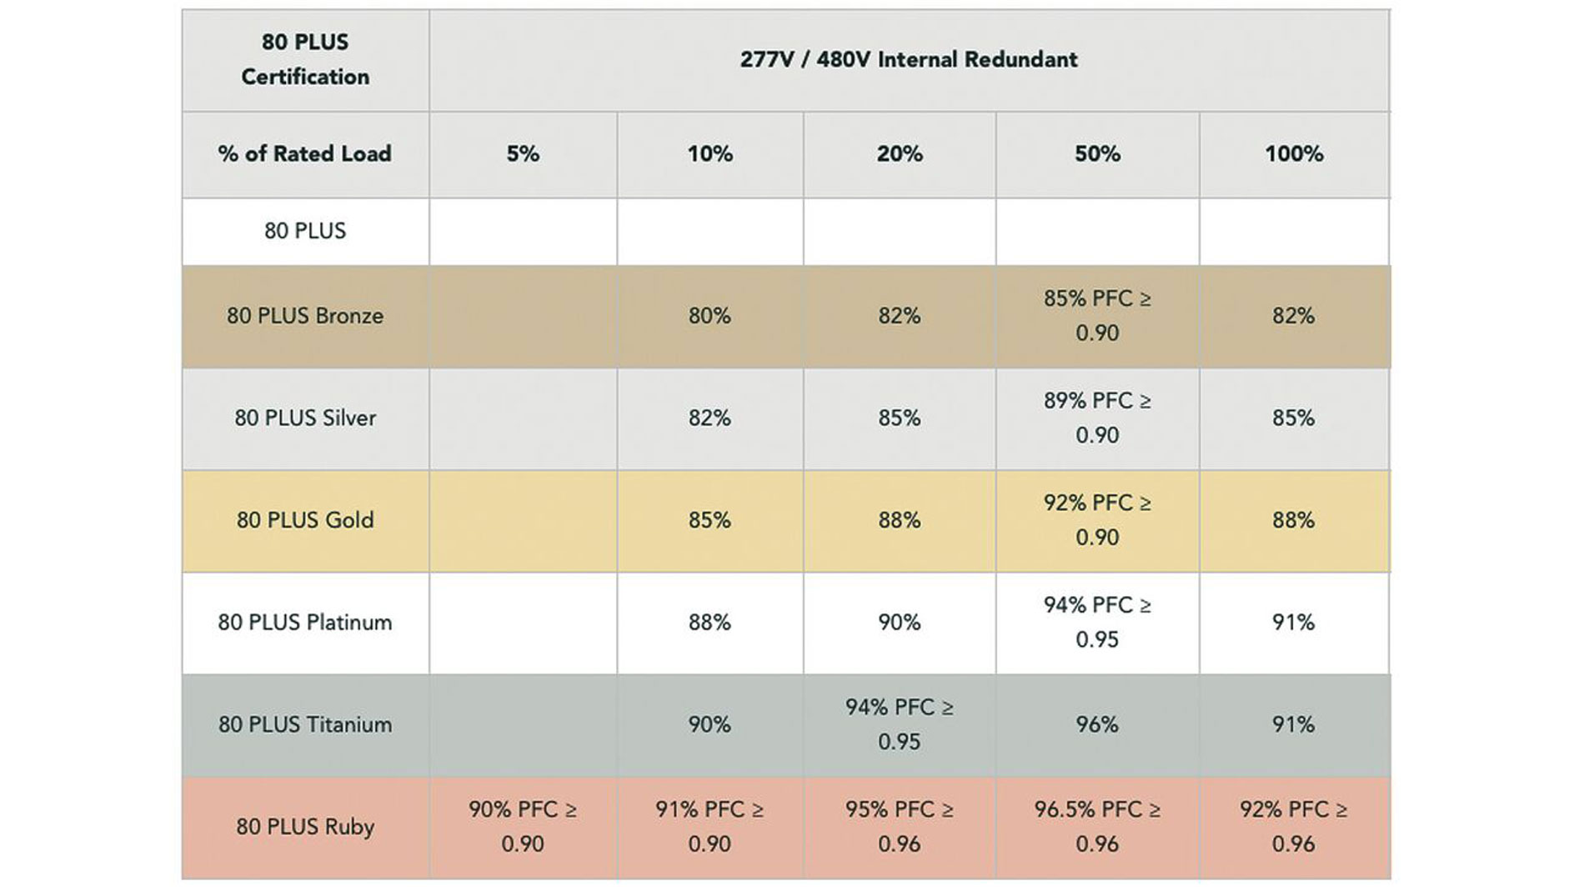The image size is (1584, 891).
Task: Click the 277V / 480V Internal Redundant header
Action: [909, 60]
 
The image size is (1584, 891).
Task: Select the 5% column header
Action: [523, 154]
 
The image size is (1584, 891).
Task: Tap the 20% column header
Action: [899, 154]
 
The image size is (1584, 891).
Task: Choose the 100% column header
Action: [1294, 154]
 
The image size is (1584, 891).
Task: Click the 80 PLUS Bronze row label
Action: [305, 316]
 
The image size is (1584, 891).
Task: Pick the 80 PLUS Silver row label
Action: [305, 418]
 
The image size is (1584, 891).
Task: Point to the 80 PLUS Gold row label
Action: [305, 520]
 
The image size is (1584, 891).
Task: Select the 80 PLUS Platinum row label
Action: [305, 623]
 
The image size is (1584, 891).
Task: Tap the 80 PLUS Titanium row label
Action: [305, 724]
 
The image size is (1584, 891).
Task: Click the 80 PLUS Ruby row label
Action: [305, 827]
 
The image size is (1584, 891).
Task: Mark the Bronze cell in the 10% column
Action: [709, 316]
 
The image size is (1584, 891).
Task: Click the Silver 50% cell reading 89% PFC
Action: [1097, 418]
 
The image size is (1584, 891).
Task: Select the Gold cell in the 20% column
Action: [899, 520]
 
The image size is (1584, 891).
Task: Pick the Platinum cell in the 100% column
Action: [1293, 623]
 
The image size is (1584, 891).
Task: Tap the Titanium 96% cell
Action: [1097, 724]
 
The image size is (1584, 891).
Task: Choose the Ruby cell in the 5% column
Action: [523, 827]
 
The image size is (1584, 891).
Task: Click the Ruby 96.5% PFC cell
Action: [1097, 827]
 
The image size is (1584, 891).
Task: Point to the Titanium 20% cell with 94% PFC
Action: [899, 724]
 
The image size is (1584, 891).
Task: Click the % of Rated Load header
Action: [305, 154]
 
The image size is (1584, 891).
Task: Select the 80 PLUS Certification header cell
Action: [305, 60]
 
